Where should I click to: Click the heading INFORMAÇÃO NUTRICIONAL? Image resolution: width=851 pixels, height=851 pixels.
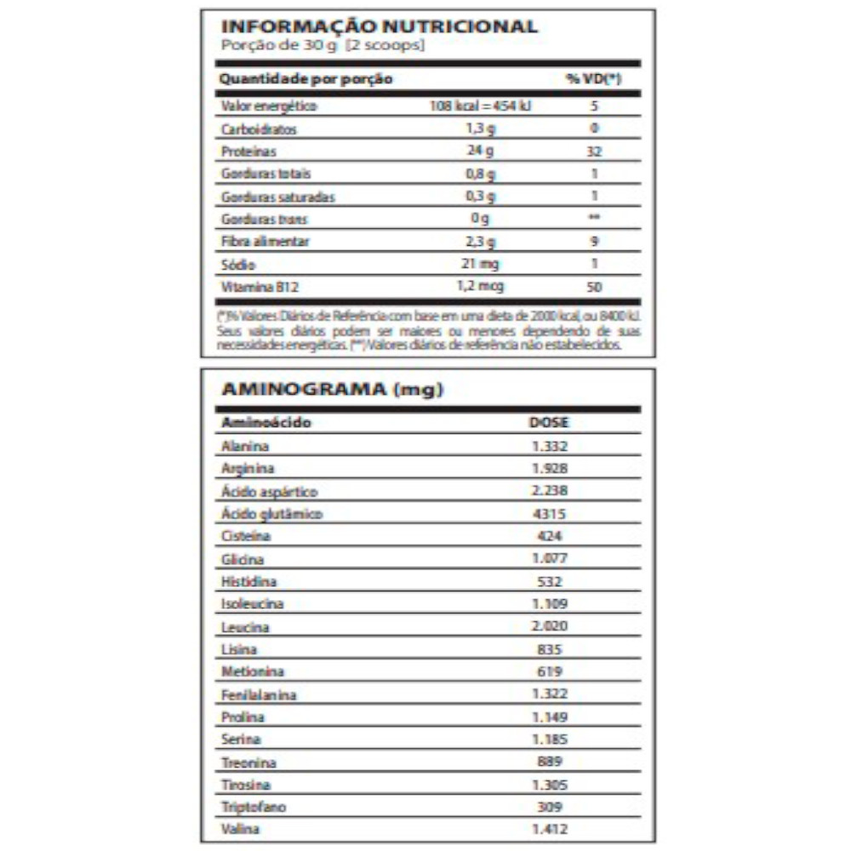pos(379,26)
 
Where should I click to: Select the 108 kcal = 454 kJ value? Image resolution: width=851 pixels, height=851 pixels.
pos(483,106)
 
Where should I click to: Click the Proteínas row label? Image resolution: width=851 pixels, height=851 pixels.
pos(245,151)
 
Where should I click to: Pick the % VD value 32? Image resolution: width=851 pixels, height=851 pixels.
pos(594,151)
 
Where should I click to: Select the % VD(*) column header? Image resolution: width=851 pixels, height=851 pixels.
pos(593,79)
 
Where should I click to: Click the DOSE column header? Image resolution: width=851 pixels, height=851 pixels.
pos(549,422)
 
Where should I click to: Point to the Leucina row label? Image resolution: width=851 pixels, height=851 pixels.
pos(245,627)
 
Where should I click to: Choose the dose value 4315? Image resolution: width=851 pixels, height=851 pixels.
pos(549,514)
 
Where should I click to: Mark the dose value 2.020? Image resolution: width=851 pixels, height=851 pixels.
pos(549,626)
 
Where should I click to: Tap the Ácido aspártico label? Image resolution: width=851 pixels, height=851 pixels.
pos(269,492)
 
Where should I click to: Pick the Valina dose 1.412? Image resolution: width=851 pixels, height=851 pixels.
pos(549,829)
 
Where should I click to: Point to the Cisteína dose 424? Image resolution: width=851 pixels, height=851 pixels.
pos(549,537)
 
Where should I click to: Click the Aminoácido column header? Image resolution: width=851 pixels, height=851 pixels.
pos(266,422)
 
